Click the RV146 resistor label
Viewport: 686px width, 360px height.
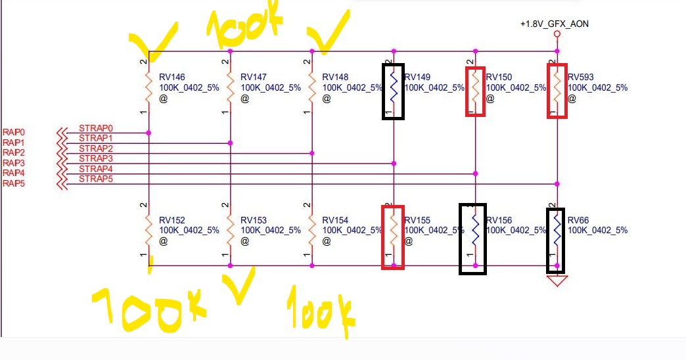coord(172,76)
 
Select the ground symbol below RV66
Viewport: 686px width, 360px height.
coord(557,281)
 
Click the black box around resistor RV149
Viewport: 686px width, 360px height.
coord(393,91)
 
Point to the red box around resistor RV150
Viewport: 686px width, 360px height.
coord(474,91)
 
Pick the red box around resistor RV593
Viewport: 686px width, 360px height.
coord(557,91)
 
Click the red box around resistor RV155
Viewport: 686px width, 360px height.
coord(393,236)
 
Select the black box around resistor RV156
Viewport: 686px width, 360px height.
coord(472,238)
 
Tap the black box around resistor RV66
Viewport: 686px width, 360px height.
coord(557,239)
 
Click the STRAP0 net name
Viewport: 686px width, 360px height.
coord(96,128)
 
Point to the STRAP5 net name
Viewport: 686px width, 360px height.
coord(96,179)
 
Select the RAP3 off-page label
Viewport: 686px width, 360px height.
coord(14,163)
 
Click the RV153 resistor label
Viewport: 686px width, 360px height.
coord(254,220)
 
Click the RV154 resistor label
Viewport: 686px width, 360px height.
coord(335,220)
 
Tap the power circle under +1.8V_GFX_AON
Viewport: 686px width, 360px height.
coord(557,34)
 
